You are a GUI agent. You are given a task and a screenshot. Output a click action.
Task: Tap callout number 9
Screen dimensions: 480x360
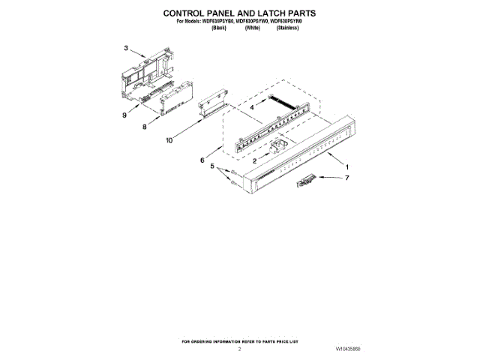tap(124, 115)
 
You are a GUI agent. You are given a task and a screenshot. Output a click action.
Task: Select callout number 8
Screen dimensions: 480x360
tap(144, 127)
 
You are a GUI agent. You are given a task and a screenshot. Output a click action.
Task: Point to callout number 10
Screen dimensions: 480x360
tap(169, 139)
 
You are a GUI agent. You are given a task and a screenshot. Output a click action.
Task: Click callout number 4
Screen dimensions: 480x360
tap(252, 108)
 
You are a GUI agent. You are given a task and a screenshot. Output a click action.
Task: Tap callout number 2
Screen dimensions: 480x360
tap(255, 161)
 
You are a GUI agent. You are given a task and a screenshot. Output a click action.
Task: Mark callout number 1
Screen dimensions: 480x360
tap(346, 165)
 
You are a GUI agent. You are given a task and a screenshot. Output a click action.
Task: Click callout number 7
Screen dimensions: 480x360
tap(347, 178)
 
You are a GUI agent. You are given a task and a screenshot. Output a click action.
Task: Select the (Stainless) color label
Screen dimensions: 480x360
tap(288, 27)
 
